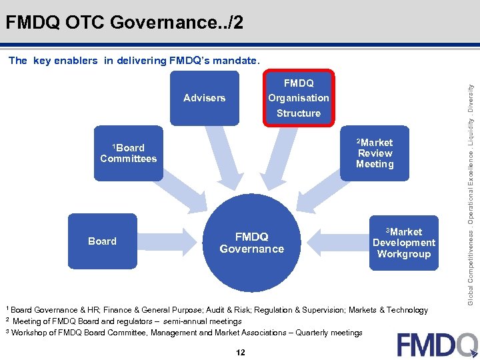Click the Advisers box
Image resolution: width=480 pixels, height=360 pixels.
point(204,98)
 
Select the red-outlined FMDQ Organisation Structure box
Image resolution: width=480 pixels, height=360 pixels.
point(298,98)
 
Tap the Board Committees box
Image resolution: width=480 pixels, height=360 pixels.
point(128,153)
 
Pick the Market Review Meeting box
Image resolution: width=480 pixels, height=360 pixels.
point(374,153)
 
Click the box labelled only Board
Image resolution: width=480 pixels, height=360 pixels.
point(103,241)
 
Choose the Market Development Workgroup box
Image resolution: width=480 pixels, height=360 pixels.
point(403,243)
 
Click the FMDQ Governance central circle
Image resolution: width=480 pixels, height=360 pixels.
point(251,243)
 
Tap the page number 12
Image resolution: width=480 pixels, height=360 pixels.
point(240,352)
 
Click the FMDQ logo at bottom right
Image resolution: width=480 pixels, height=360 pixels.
point(437,345)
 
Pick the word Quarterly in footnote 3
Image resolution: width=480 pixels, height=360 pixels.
point(317,332)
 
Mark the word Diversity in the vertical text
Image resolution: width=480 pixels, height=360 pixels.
point(471,99)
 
